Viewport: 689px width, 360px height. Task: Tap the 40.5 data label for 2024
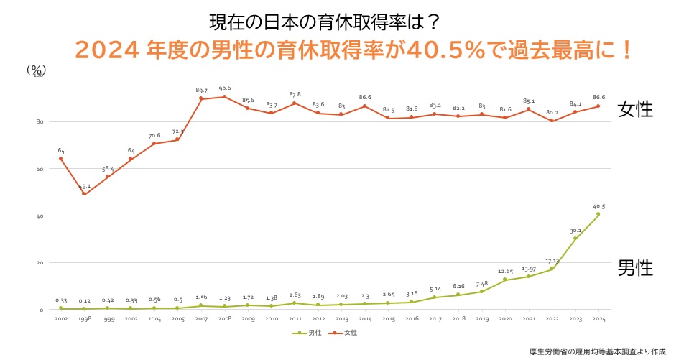pos(598,206)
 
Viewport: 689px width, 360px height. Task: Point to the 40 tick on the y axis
pos(40,216)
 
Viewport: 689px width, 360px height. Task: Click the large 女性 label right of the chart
pos(635,109)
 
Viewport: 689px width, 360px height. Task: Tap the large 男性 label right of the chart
pos(635,269)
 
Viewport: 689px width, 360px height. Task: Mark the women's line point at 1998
pos(84,193)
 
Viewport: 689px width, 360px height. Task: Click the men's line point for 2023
pos(575,239)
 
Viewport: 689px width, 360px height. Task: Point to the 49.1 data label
pos(84,186)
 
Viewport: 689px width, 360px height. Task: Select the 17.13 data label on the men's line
pos(552,260)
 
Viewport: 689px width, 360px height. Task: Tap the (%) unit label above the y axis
pos(36,69)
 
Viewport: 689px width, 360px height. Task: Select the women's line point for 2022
pos(552,121)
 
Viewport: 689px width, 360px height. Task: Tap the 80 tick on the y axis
pos(40,121)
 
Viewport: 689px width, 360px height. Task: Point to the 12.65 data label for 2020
pos(505,272)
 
